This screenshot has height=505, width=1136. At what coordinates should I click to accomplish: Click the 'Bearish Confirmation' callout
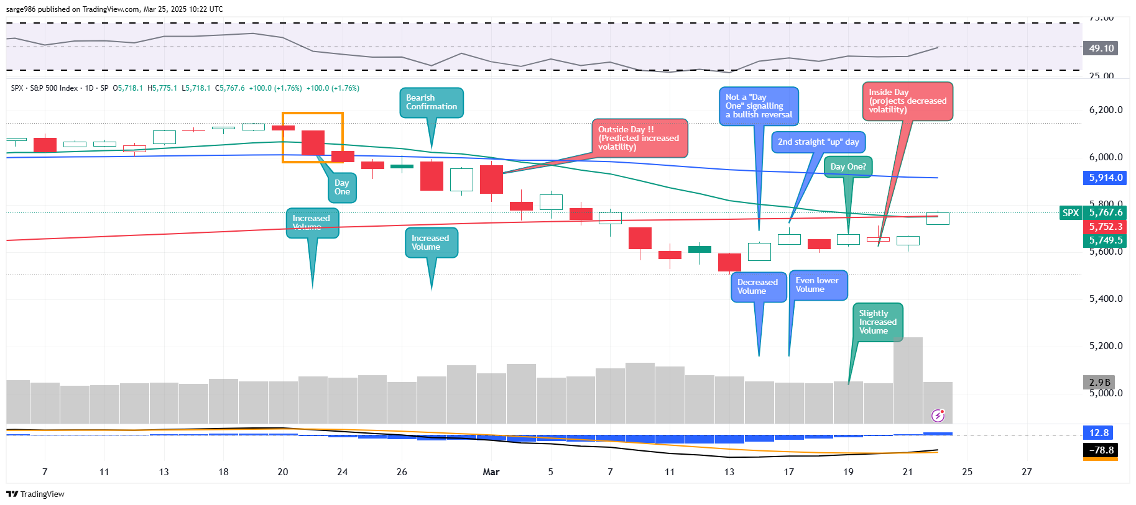click(431, 102)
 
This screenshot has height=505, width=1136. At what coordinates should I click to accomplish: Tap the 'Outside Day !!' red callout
click(639, 138)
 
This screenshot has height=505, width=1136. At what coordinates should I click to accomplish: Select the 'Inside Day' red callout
click(907, 101)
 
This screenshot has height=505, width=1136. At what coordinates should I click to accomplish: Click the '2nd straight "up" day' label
click(818, 142)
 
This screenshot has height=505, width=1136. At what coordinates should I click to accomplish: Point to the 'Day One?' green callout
click(848, 166)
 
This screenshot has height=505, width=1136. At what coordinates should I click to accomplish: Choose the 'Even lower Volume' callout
click(818, 285)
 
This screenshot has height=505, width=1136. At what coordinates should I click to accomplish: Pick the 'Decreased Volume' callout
click(758, 287)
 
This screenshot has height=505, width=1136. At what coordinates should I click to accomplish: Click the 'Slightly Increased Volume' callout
click(877, 322)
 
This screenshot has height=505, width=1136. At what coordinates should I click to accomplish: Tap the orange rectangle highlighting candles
click(313, 137)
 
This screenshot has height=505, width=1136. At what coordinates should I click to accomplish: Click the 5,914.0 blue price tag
click(1105, 178)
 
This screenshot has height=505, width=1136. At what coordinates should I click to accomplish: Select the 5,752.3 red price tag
click(1105, 227)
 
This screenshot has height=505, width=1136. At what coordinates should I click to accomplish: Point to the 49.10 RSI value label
click(1101, 48)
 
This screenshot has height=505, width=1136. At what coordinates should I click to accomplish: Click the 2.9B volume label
click(1099, 383)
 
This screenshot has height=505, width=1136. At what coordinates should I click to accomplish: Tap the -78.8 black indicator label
click(1101, 450)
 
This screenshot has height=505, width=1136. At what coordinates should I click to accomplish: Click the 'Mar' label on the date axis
click(491, 472)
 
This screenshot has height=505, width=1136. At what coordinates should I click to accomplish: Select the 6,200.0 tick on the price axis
click(1106, 110)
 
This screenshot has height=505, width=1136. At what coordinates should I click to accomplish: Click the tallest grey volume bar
click(908, 380)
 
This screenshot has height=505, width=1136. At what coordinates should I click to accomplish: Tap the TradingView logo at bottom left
click(35, 494)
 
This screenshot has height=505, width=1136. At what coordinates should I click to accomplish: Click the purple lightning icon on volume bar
click(938, 416)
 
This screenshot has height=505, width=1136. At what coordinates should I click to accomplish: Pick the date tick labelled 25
click(967, 472)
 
